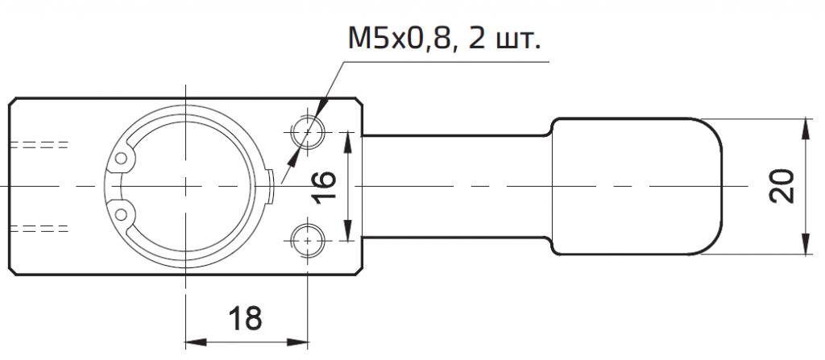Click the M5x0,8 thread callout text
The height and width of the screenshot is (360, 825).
click(x=403, y=38)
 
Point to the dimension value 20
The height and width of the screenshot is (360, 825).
click(x=780, y=186)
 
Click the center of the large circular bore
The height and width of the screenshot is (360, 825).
click(x=186, y=186)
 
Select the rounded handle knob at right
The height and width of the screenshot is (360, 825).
click(x=636, y=186)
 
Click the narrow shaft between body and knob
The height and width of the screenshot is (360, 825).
click(x=455, y=186)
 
